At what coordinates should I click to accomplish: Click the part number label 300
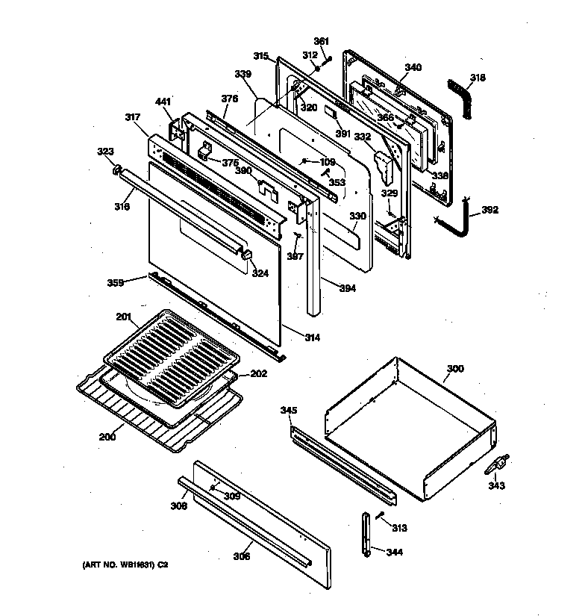(x=454, y=369)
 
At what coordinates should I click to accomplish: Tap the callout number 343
(x=496, y=486)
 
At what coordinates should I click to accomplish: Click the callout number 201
(x=123, y=317)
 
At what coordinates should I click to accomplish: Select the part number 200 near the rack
(x=107, y=437)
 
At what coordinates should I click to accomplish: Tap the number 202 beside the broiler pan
(x=257, y=375)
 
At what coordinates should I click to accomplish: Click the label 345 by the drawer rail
(x=288, y=410)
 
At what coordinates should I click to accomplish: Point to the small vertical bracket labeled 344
(x=366, y=533)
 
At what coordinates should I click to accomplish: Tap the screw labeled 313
(x=381, y=514)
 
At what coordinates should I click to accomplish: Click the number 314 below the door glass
(x=311, y=337)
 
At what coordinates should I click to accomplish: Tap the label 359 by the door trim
(x=115, y=283)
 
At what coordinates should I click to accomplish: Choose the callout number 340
(x=413, y=67)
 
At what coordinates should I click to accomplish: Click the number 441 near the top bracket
(x=163, y=102)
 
